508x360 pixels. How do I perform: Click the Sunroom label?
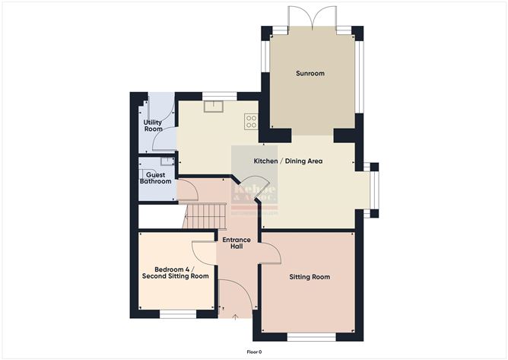pos(310,73)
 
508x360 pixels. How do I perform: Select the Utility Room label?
pos(154,125)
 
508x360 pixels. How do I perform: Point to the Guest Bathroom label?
pos(154,177)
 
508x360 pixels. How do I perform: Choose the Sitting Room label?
pos(310,276)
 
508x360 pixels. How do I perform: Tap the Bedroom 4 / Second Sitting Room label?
pos(176,272)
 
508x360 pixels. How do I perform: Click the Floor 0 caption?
pos(254,352)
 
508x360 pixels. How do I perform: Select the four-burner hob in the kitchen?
pos(250,121)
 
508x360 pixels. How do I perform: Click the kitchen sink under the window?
pos(211,107)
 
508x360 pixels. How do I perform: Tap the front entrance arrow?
pos(236,316)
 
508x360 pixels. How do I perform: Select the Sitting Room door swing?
pos(270,251)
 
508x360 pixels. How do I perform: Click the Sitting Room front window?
pos(310,335)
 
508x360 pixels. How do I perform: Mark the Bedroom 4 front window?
pos(176,313)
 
